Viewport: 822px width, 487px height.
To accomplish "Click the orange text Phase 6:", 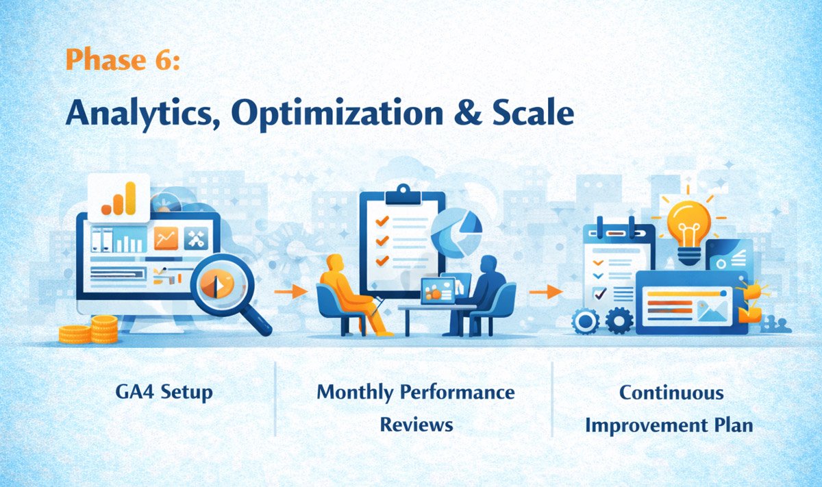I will (123, 60).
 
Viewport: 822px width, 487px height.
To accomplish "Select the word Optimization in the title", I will (328, 114).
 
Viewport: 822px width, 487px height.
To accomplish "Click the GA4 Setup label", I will (164, 392).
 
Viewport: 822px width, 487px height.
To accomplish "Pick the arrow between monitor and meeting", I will (290, 291).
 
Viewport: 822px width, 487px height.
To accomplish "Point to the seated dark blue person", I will (487, 288).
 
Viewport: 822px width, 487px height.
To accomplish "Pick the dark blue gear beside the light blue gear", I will (619, 319).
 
